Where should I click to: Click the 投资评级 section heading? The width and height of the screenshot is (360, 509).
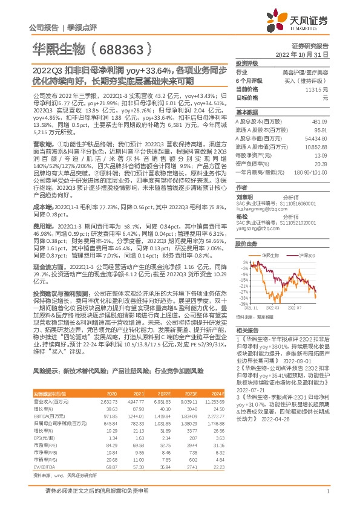click(x=247, y=63)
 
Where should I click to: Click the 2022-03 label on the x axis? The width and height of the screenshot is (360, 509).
click(x=272, y=308)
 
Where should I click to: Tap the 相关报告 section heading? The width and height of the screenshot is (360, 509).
click(x=247, y=330)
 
